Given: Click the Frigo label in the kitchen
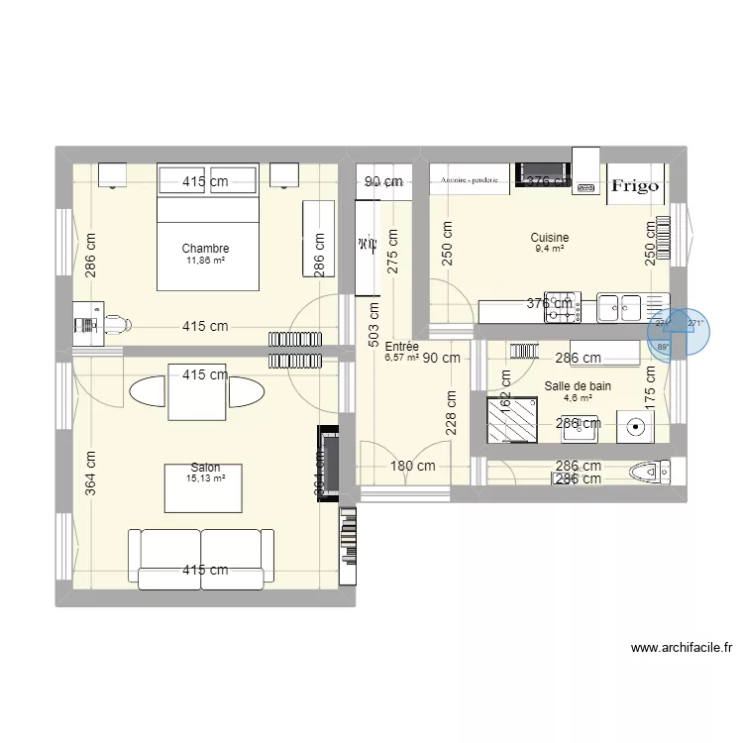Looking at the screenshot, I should [x=634, y=185].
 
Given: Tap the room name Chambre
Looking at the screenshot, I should [x=206, y=249].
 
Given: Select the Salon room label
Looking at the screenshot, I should [x=206, y=468].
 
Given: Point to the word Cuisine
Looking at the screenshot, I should [x=549, y=238].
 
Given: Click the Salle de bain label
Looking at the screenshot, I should [x=578, y=386].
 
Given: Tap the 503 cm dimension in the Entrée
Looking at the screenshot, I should [x=373, y=329].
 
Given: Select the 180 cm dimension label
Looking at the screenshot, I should [x=413, y=466].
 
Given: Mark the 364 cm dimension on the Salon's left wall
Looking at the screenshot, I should [x=91, y=474].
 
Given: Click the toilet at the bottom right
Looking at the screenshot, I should [x=651, y=472].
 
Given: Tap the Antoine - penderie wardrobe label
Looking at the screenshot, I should [x=469, y=180].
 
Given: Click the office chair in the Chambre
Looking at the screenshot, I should [x=118, y=324].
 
